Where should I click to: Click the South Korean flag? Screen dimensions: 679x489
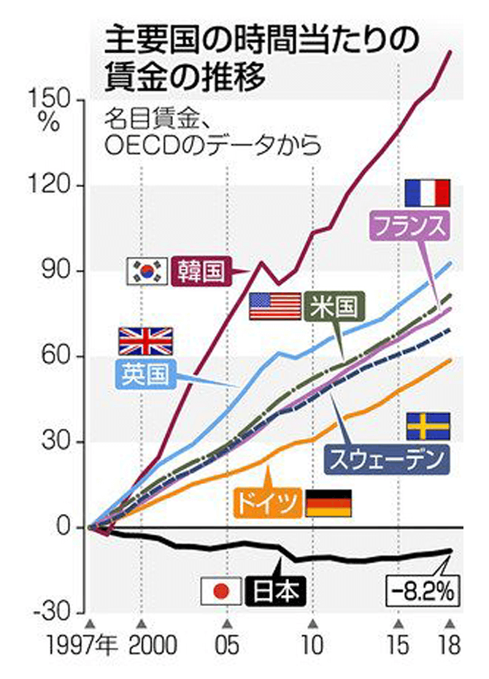coord(148,271)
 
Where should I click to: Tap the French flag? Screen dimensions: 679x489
coord(428,193)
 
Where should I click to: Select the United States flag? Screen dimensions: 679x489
coord(274,306)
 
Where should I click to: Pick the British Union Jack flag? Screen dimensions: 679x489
coord(145,341)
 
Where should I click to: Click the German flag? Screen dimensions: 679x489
coord(328,504)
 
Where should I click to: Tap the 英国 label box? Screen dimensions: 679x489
coord(144,374)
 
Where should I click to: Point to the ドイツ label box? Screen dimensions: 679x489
coord(266,504)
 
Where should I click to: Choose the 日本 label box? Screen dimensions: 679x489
coord(276,590)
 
